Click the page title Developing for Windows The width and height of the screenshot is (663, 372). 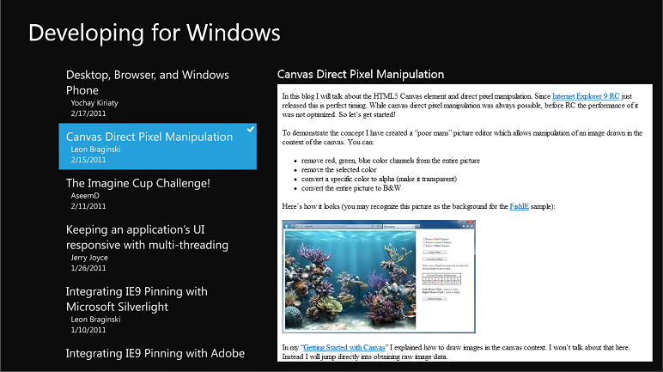click(x=155, y=33)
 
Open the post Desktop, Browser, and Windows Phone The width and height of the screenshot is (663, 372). click(x=148, y=82)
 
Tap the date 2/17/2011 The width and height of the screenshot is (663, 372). click(x=88, y=113)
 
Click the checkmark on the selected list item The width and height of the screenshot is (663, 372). click(x=250, y=129)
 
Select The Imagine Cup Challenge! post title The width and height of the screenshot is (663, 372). click(x=137, y=183)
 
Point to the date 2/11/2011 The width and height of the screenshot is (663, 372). click(x=88, y=206)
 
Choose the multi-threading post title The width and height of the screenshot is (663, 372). click(x=147, y=237)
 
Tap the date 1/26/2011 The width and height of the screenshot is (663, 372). click(x=88, y=268)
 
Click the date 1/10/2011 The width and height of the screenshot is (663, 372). click(x=88, y=330)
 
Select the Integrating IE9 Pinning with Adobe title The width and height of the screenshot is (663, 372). click(x=155, y=353)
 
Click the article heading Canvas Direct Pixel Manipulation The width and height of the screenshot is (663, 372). click(x=361, y=75)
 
